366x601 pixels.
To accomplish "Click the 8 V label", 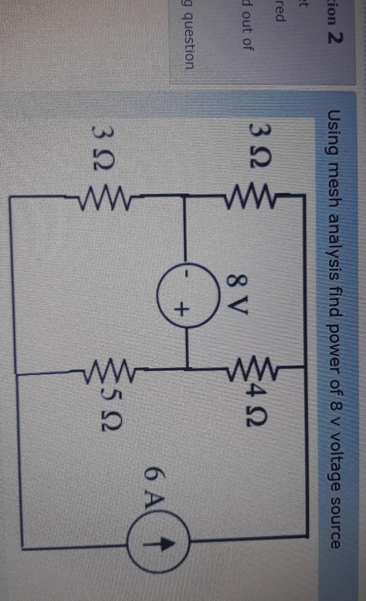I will point(236,291).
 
